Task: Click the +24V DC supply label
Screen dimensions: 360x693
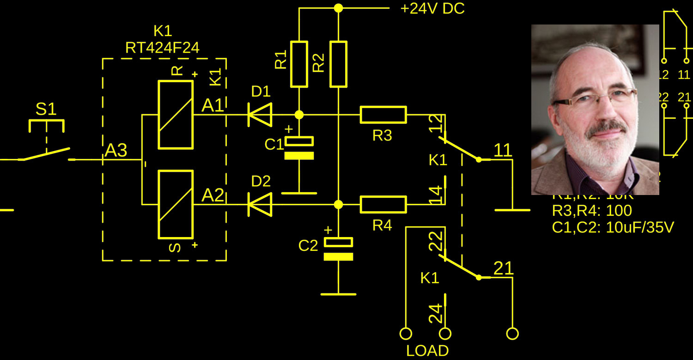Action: point(432,8)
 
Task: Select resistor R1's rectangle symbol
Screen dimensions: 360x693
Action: point(299,64)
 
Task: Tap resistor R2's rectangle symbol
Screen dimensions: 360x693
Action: point(338,64)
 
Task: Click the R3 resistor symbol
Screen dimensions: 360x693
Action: point(383,115)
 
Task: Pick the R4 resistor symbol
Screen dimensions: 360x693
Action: point(383,204)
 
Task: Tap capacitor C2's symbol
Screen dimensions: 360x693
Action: point(338,249)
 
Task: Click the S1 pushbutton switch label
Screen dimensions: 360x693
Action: point(46,110)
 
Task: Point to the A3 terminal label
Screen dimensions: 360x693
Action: point(116,151)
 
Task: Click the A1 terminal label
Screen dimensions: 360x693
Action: point(213,106)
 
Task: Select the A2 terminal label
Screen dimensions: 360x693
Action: point(213,196)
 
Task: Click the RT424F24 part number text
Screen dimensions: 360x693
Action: point(162,48)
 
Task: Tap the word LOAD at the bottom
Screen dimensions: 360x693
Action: point(427,351)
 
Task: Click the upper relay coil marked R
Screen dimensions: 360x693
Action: point(176,115)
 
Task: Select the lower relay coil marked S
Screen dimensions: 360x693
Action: point(176,204)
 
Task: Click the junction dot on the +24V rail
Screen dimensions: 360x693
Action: point(338,8)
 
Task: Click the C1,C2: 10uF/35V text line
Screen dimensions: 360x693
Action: point(613,227)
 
